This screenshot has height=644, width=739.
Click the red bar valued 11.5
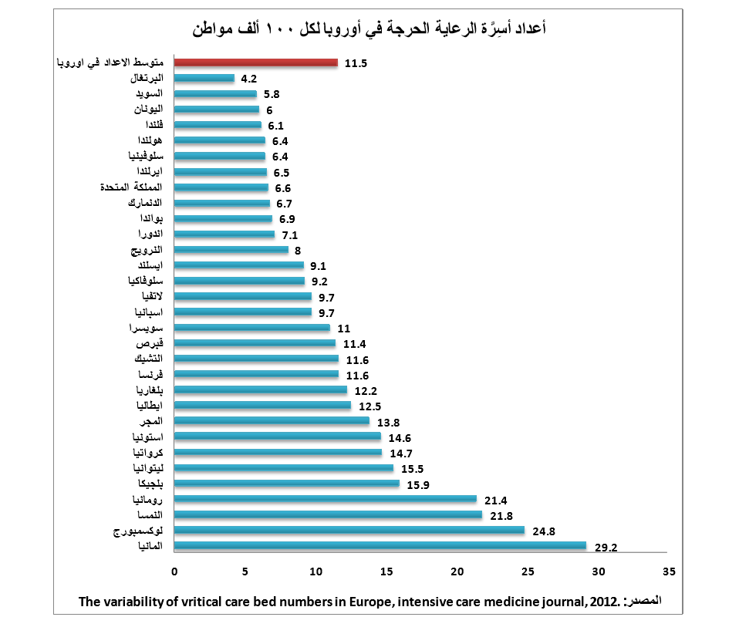coord(255,62)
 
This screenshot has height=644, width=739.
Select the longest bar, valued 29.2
coord(380,546)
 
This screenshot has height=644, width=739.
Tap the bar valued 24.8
coord(349,531)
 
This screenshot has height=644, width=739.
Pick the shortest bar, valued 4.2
coord(204,78)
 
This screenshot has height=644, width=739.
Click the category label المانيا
coord(149,546)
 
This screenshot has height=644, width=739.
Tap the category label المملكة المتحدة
coord(132,187)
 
